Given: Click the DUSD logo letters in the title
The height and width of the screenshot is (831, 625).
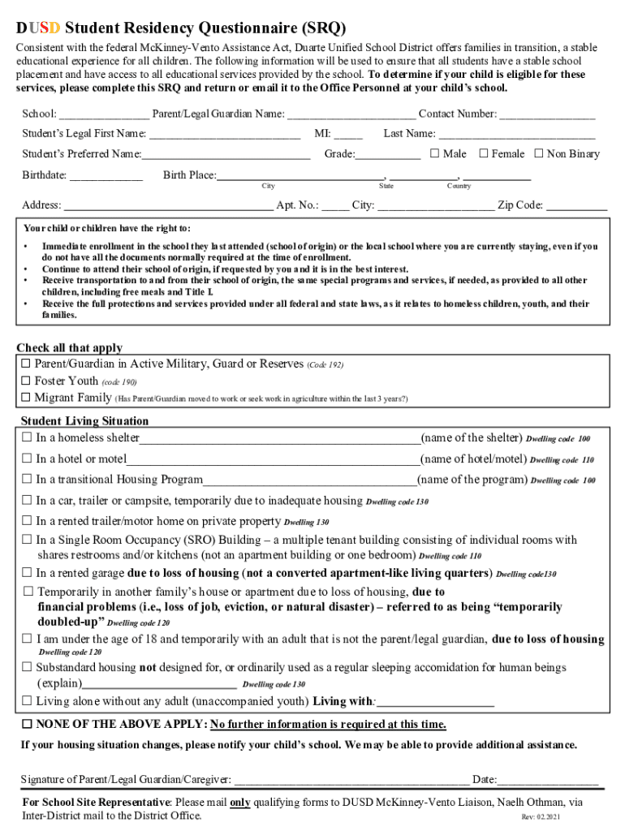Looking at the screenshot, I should tap(39, 28).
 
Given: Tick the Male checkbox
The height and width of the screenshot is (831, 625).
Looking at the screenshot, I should tap(434, 153).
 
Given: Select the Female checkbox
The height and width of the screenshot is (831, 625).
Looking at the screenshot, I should tap(484, 153).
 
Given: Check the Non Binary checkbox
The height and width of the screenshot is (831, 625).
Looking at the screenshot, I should tap(539, 153).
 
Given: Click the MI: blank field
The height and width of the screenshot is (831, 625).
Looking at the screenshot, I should tap(348, 135).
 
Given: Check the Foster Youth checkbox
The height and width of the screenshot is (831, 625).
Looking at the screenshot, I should tap(26, 381).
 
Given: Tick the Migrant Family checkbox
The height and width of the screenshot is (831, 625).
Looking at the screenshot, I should tap(26, 398).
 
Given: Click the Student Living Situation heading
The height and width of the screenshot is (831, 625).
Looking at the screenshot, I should tap(84, 421).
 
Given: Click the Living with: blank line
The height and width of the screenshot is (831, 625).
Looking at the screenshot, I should tap(435, 702).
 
